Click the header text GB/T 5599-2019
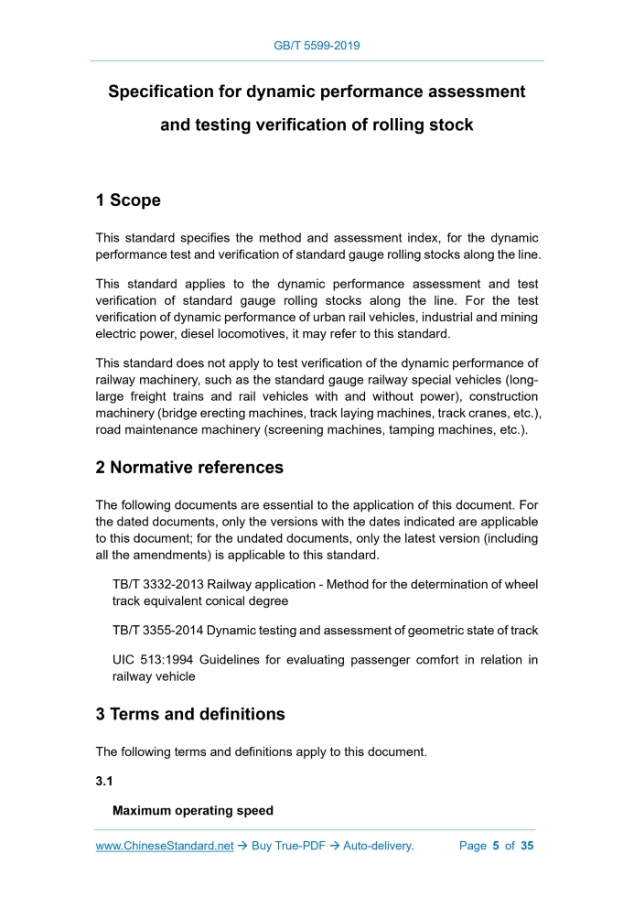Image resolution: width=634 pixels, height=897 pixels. pos(317,45)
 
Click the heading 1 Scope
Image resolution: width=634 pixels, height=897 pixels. pos(128,200)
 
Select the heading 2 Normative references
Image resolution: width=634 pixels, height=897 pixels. pos(189,468)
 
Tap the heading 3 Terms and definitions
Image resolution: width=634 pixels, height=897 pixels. pos(190,714)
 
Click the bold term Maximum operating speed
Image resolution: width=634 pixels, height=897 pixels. pos(192,811)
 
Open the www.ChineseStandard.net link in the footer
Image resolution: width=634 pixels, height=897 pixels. pos(165,846)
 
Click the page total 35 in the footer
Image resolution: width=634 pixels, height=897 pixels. pos(527,846)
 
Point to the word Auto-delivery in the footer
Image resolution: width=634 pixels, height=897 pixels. pos(378,846)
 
